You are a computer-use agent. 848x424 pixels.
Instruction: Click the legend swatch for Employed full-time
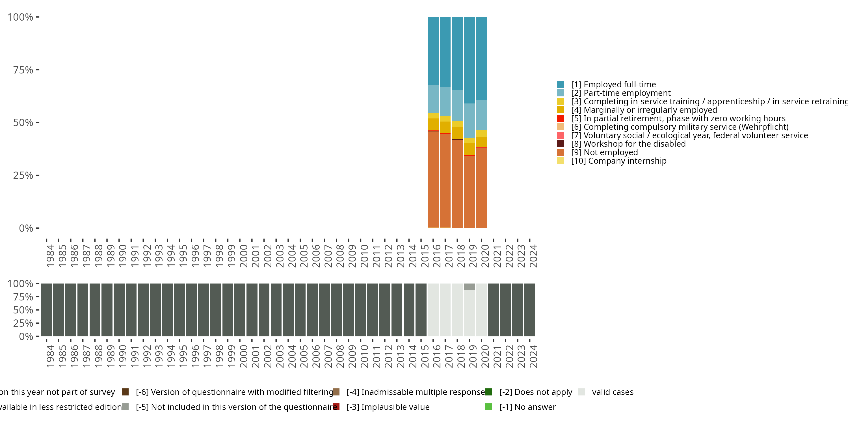(560, 85)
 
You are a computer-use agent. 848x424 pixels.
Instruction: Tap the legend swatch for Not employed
(560, 152)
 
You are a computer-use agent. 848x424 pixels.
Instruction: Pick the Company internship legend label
(618, 161)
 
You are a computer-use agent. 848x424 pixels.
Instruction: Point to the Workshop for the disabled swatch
(560, 144)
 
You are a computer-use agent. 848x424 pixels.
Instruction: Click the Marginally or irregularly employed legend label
(644, 110)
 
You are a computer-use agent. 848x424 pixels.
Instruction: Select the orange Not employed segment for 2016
(433, 179)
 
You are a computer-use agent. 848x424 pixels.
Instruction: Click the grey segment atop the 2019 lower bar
(469, 287)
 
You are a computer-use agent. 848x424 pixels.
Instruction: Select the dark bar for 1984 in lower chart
(46, 310)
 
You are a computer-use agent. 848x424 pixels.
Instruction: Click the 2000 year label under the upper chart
(244, 256)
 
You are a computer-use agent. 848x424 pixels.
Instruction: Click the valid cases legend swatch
(581, 392)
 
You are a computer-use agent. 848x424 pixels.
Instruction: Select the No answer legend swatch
(488, 407)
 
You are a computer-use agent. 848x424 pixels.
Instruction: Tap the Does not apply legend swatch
(488, 392)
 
